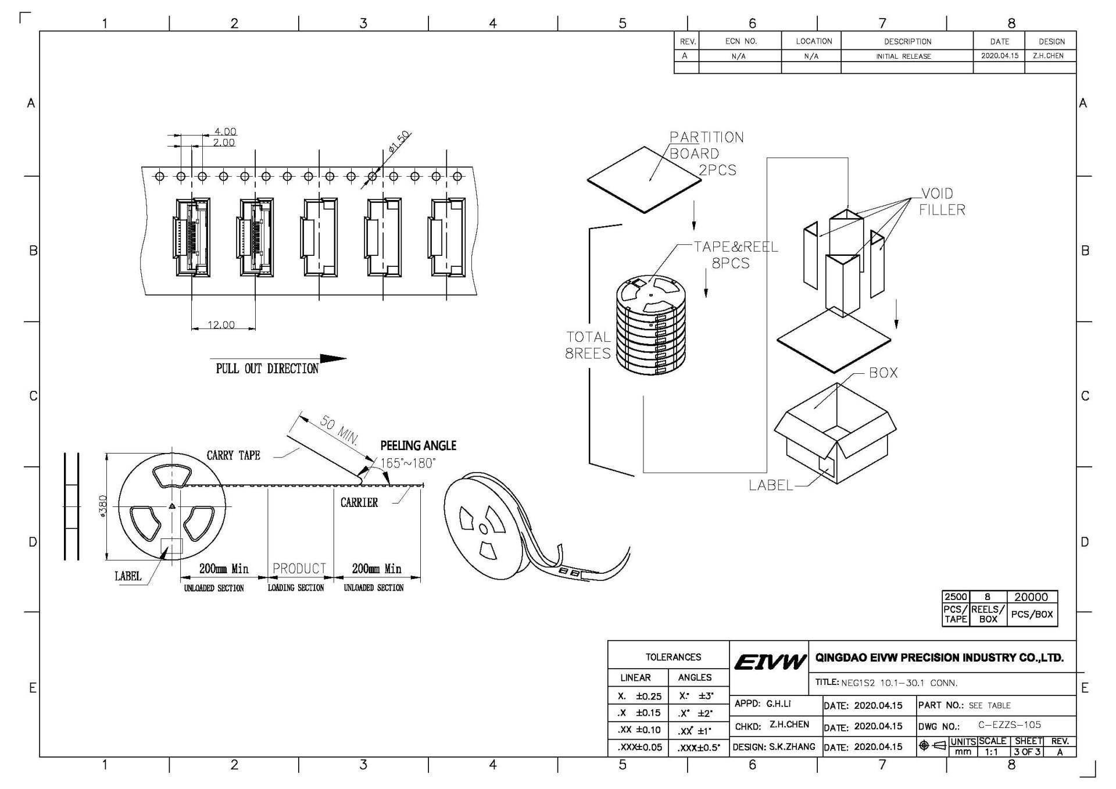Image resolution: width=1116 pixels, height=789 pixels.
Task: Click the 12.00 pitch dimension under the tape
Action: tap(221, 324)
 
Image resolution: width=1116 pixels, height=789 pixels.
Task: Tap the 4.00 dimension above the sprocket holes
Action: tap(225, 131)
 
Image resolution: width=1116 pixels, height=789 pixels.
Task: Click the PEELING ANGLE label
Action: tap(418, 446)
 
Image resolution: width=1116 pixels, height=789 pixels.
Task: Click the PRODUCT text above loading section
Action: tap(299, 569)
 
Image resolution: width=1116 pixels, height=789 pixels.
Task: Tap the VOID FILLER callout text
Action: tap(942, 201)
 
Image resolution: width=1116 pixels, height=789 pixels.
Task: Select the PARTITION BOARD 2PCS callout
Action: tap(706, 153)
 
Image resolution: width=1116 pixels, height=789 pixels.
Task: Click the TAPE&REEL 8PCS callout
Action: tap(735, 255)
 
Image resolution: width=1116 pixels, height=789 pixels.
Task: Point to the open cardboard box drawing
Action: tap(835, 433)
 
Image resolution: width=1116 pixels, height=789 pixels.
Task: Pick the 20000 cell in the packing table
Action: tap(1031, 597)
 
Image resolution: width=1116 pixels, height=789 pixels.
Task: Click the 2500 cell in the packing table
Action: tap(956, 597)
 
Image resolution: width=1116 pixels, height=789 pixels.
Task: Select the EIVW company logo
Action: tap(770, 662)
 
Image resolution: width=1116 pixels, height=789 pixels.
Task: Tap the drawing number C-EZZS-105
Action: tap(1009, 725)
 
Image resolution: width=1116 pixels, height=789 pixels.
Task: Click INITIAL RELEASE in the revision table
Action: tap(903, 56)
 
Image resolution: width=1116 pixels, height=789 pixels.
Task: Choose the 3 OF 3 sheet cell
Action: tap(1028, 751)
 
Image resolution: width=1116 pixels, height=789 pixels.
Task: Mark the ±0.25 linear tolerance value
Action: tap(648, 696)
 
